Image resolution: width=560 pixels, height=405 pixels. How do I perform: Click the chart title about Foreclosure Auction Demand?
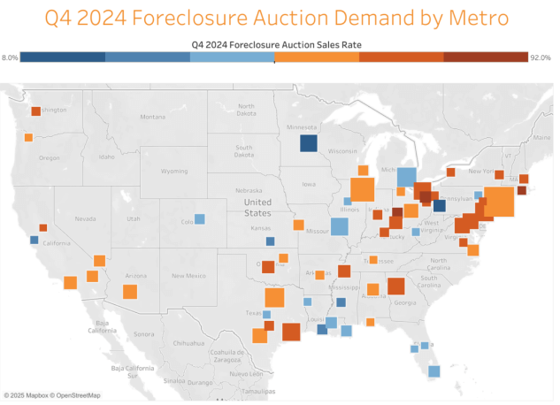click(280, 18)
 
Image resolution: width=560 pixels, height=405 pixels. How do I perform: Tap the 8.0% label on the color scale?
click(10, 57)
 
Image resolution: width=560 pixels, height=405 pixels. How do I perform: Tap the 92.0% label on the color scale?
click(541, 57)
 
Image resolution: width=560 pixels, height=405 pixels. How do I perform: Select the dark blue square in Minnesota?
click(308, 144)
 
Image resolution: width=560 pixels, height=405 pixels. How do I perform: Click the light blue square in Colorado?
click(199, 218)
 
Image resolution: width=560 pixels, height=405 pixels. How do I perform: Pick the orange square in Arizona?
click(130, 291)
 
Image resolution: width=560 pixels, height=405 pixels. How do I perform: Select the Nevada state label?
click(85, 218)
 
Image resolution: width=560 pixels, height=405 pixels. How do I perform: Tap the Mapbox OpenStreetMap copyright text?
click(51, 395)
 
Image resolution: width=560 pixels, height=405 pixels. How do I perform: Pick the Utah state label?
click(134, 218)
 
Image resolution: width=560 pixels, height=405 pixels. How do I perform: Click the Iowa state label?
click(308, 185)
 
